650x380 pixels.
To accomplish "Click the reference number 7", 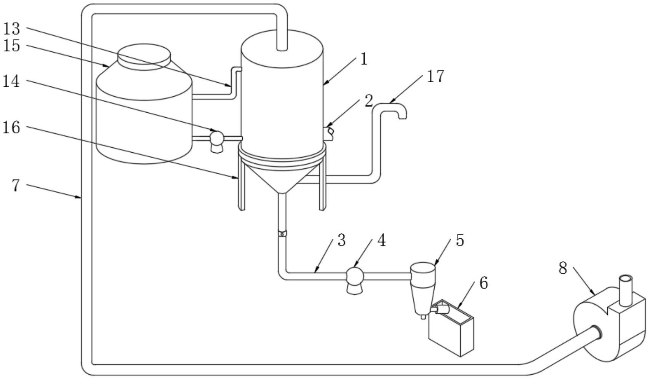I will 15,185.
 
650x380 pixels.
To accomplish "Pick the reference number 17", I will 435,76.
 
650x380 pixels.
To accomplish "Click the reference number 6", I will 483,283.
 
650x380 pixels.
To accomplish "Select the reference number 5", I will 460,240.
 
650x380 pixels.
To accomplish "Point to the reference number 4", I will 381,240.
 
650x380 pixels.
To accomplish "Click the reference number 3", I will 341,240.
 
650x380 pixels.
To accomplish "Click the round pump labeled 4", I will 354,275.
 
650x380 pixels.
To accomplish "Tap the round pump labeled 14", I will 217,137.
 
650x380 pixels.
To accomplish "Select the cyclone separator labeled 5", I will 422,286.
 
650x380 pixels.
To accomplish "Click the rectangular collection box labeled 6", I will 451,333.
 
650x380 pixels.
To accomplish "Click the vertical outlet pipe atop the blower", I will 625,289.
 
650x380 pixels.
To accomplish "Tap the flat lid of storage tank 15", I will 144,56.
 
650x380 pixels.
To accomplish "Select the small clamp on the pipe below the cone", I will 282,234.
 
